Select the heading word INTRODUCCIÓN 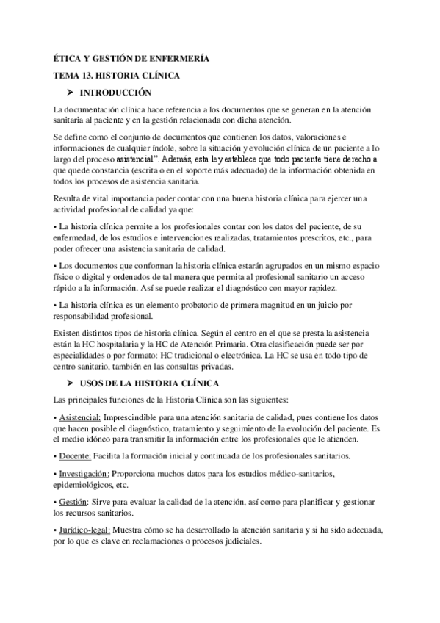point(115,93)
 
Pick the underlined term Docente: point(75,455)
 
